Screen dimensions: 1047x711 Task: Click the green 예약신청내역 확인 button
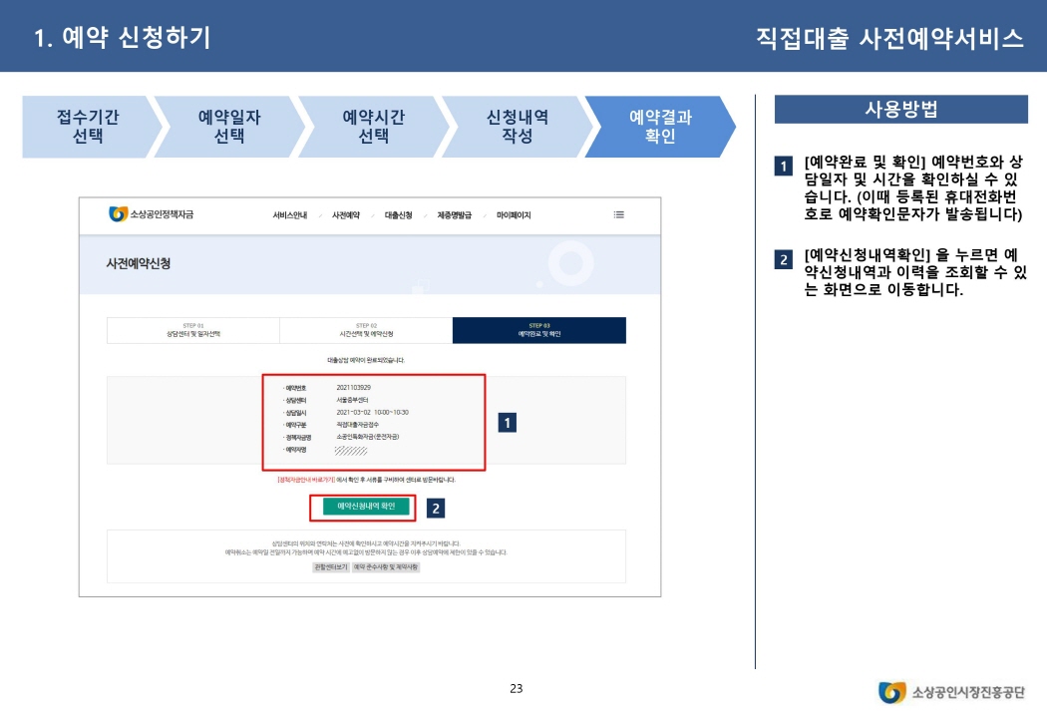tap(366, 507)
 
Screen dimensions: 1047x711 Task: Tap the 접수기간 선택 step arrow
tap(88, 127)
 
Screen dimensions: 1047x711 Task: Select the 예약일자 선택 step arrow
tap(229, 127)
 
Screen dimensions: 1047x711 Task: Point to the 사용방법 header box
tap(900, 110)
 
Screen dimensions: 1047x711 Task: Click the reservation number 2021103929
tap(354, 387)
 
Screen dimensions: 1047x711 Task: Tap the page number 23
tap(516, 688)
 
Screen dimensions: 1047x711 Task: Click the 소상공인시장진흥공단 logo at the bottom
tap(951, 692)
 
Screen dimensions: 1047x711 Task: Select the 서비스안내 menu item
tap(289, 215)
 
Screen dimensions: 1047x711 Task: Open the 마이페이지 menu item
tap(514, 215)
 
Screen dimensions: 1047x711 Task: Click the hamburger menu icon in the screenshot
tap(618, 214)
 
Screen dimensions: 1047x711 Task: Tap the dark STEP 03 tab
tap(538, 330)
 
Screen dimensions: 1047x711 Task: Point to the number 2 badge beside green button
tap(435, 509)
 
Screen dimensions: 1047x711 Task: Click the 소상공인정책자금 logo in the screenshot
tap(152, 214)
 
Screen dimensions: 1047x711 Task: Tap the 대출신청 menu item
tap(398, 215)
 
